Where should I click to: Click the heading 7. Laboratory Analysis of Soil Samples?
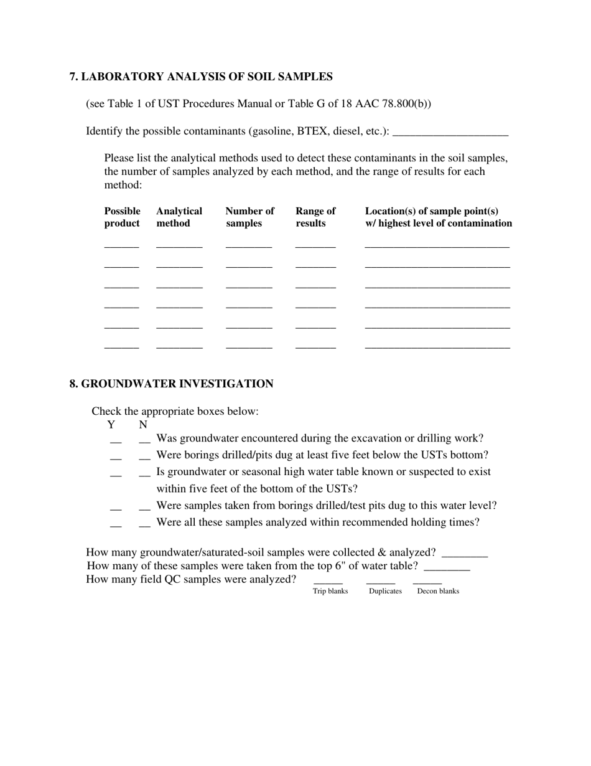(201, 77)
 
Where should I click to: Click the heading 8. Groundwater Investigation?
(171, 384)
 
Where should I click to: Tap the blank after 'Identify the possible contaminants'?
(450, 132)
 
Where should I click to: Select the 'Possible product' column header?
(122, 217)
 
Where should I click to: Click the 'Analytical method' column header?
(179, 217)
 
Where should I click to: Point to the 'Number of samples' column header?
(249, 217)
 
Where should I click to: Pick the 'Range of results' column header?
(315, 217)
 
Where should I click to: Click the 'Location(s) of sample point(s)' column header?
(438, 217)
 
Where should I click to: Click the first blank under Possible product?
(121, 245)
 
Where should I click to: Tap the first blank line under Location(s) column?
(437, 245)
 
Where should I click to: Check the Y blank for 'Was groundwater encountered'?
(116, 440)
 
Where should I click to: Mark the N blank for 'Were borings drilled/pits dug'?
(144, 457)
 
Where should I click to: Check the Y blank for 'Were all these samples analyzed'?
(116, 524)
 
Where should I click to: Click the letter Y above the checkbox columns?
(111, 425)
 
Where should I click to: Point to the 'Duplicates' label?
(385, 591)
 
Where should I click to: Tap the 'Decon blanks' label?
(438, 591)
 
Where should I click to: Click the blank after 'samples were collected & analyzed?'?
(464, 554)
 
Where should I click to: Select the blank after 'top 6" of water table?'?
(446, 567)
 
